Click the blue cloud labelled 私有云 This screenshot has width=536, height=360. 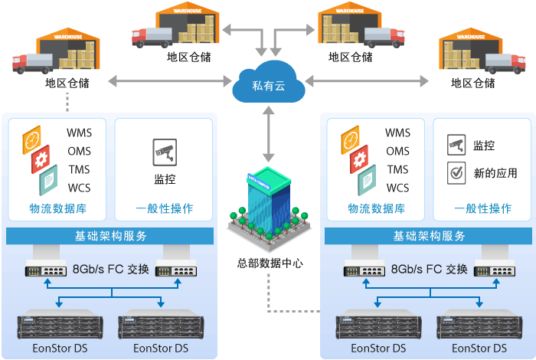pyautogui.click(x=268, y=85)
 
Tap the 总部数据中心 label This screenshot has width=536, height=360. pyautogui.click(x=270, y=263)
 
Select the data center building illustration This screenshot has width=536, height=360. pyautogui.click(x=268, y=203)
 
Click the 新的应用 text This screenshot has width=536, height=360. pyautogui.click(x=495, y=173)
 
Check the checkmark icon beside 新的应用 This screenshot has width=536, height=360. pyautogui.click(x=456, y=173)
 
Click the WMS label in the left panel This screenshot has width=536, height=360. pyautogui.click(x=79, y=133)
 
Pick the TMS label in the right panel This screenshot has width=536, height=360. pyautogui.click(x=397, y=170)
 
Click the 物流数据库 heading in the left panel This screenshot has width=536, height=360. pyautogui.click(x=57, y=208)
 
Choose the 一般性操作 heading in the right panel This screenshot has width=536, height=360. pyautogui.click(x=482, y=208)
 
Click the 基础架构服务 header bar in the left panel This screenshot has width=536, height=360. pyautogui.click(x=111, y=236)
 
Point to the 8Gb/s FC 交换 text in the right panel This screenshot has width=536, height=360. pyautogui.click(x=430, y=269)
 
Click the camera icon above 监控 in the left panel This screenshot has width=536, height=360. pyautogui.click(x=165, y=151)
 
